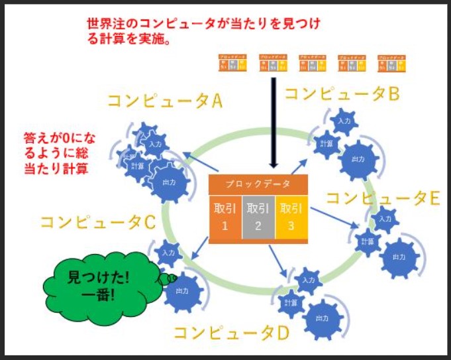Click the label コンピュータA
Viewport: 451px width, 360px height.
165,101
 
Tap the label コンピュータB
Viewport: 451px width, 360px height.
341,94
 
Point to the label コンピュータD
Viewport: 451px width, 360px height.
231,331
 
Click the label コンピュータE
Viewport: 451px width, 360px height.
383,198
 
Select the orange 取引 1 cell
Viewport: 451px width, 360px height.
225,216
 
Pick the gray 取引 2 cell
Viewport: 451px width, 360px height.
258,216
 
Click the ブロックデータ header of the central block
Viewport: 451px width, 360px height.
258,184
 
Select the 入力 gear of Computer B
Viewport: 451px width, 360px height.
344,122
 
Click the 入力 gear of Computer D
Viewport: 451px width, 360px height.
307,280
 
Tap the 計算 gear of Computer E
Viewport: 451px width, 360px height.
367,244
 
